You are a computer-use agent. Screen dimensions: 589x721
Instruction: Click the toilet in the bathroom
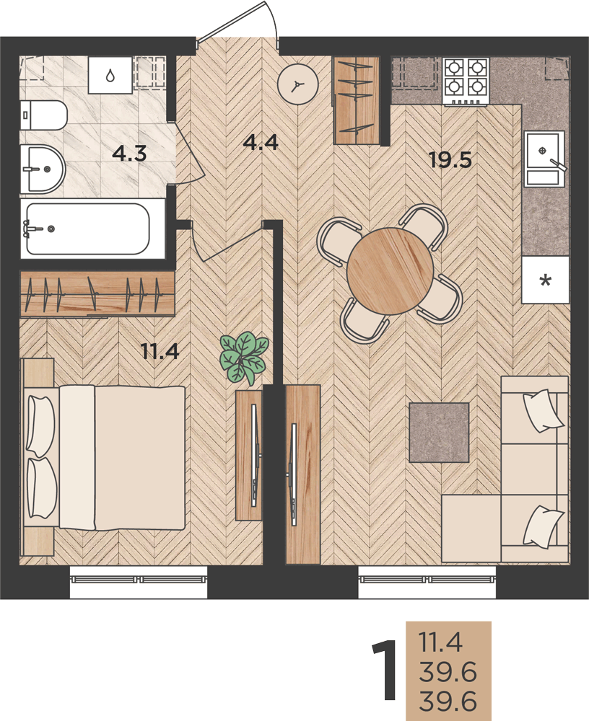pos(43,115)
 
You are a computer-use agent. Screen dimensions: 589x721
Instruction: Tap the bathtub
pos(88,229)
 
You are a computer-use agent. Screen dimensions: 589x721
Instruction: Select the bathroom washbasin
pos(43,169)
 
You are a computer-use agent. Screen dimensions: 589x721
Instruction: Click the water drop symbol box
pos(110,75)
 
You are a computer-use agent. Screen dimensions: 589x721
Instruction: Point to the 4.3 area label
pos(129,153)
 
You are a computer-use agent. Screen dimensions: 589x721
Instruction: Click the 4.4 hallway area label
pos(261,142)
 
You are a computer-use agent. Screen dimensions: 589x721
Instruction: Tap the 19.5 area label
pos(450,160)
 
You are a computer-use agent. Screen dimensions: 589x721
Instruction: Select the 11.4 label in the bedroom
pos(160,352)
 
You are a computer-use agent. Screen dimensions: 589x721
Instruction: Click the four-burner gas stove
pos(466,81)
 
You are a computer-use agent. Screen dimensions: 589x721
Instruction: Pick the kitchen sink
pos(544,159)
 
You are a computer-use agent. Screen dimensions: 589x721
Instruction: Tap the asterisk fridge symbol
pos(545,280)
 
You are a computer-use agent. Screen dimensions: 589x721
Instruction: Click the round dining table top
pos(390,271)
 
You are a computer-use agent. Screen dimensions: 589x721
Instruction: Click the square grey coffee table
pos(439,432)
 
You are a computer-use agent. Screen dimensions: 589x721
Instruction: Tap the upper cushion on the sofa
pos(544,411)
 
